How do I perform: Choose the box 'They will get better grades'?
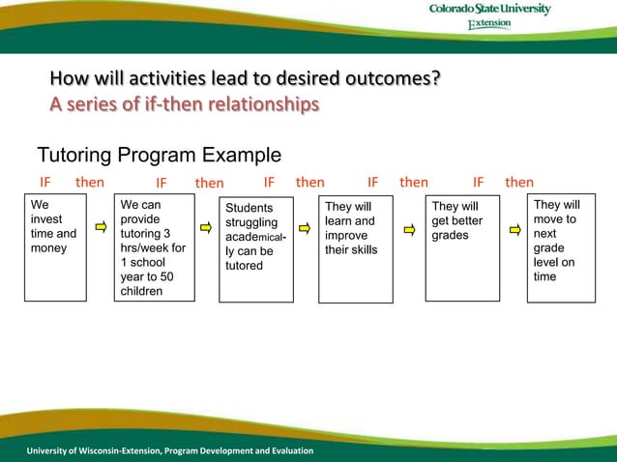coord(462,248)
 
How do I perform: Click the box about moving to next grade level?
coord(561,248)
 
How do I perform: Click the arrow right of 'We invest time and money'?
coord(100,228)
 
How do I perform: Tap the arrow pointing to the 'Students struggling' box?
coord(205,228)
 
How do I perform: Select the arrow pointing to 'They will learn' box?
coord(304,229)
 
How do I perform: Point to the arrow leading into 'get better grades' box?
coord(409,229)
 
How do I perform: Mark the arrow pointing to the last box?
coord(515,229)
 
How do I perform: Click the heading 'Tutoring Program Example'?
coord(159,156)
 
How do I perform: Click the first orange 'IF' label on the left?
coord(44,182)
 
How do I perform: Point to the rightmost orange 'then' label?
coord(519,182)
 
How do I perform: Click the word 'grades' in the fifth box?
coord(450,235)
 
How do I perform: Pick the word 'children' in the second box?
coord(141,291)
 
